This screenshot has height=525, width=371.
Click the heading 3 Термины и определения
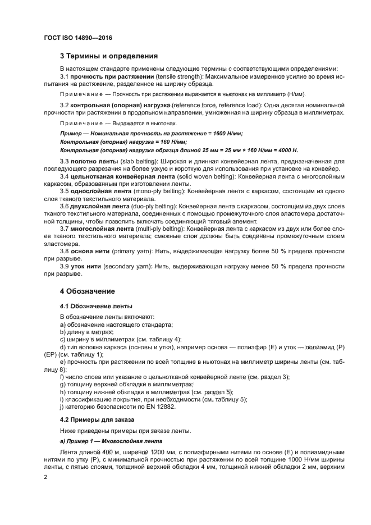click(109, 56)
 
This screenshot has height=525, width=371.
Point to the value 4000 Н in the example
click(286, 151)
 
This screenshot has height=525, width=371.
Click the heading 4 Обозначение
click(88, 291)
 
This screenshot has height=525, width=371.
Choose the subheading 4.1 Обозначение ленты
click(96, 307)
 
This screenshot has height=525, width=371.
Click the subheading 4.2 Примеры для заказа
click(97, 420)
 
